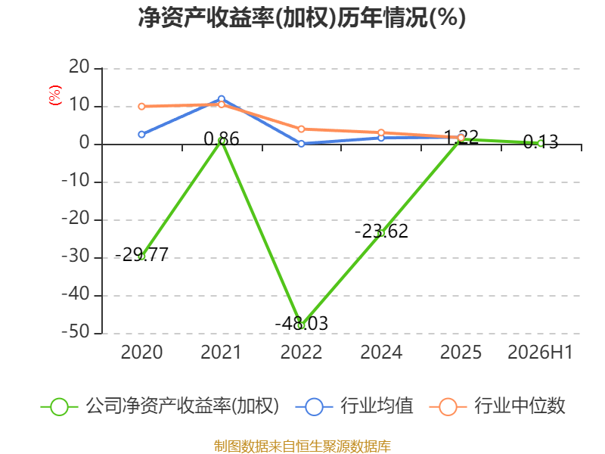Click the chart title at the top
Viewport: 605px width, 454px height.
click(x=302, y=17)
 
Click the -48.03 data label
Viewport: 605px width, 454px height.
click(x=301, y=324)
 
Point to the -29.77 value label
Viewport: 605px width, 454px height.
click(x=141, y=254)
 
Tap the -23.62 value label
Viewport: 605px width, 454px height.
click(x=381, y=232)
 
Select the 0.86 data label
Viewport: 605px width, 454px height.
click(x=222, y=138)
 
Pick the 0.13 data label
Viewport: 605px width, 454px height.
click(x=541, y=142)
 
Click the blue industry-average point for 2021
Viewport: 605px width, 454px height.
click(x=222, y=99)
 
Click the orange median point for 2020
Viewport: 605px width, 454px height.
click(x=141, y=106)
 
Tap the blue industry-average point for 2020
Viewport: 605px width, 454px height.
click(x=141, y=135)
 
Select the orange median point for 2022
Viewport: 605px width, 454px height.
click(x=301, y=129)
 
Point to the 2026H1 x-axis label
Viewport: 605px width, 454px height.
click(x=540, y=352)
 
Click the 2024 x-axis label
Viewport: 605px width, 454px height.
click(x=381, y=352)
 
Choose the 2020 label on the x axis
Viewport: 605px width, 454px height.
click(x=141, y=352)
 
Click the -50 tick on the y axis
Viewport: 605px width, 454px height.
click(x=76, y=332)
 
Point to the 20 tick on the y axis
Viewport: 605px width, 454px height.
click(x=79, y=67)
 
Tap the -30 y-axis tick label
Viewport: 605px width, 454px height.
click(x=76, y=257)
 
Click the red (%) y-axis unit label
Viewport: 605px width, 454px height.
click(x=55, y=95)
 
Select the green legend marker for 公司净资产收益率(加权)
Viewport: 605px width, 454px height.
click(x=60, y=407)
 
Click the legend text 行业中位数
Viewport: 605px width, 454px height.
click(x=520, y=406)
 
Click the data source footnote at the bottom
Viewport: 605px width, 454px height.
click(x=302, y=446)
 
